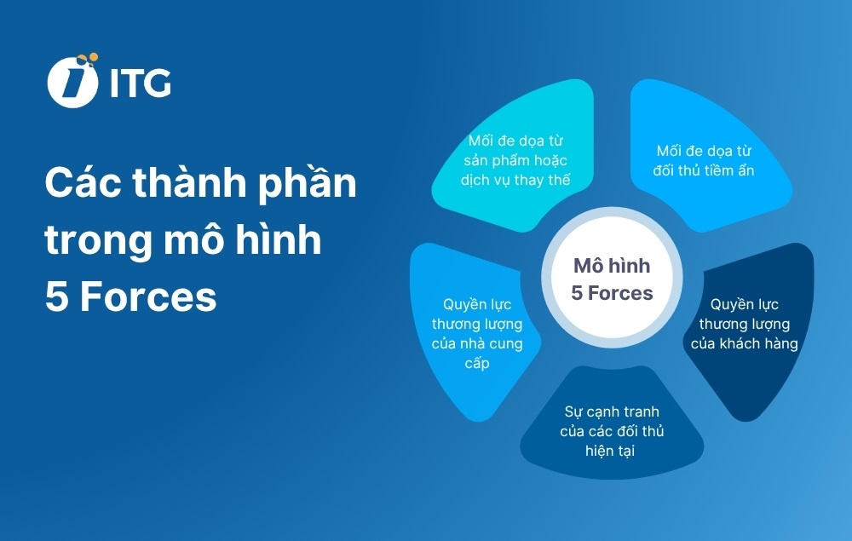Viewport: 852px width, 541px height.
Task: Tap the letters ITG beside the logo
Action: [x=141, y=83]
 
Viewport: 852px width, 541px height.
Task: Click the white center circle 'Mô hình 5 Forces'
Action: [x=612, y=279]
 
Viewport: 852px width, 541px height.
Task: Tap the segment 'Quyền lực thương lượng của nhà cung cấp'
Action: [x=473, y=332]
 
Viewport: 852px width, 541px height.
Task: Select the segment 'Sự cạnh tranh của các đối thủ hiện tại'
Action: [x=612, y=430]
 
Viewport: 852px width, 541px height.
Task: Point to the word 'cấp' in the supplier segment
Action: [x=477, y=364]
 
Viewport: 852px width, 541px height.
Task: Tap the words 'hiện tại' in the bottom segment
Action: [x=611, y=450]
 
